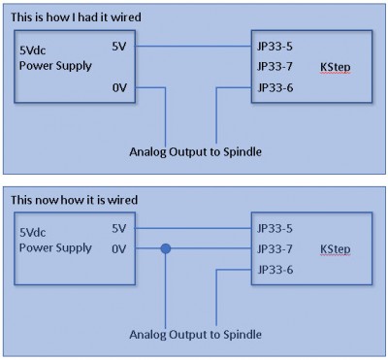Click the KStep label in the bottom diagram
point(335,249)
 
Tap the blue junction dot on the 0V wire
point(166,248)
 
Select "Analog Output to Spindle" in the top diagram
point(194,152)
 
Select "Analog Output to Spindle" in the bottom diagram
point(194,334)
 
